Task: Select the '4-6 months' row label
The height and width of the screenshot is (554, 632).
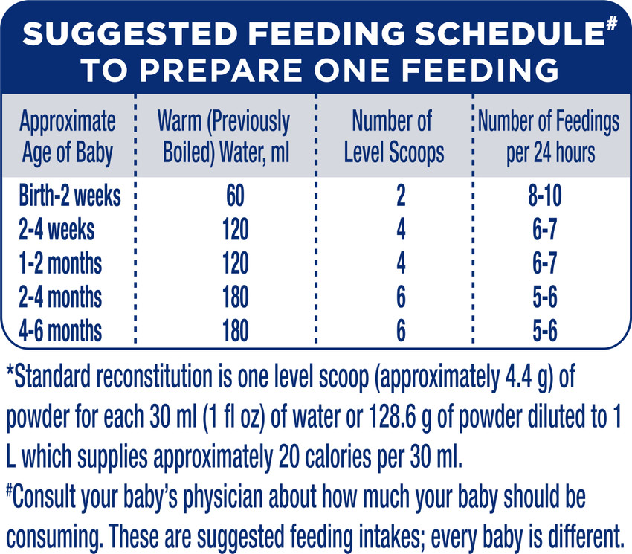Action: [x=61, y=330]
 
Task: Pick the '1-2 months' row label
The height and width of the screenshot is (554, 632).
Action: [x=61, y=263]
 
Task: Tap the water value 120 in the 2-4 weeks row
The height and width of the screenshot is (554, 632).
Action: [x=235, y=230]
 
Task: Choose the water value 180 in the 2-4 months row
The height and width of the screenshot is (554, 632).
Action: [x=235, y=297]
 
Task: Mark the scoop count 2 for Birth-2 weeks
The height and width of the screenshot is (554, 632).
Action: [x=401, y=196]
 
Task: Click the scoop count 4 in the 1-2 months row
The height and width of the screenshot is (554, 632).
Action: [x=401, y=263]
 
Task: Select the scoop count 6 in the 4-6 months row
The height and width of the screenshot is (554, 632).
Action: [x=401, y=330]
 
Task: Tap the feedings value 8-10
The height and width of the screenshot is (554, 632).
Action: [x=543, y=196]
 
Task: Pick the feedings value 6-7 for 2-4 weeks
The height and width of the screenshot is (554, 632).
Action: [x=543, y=230]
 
